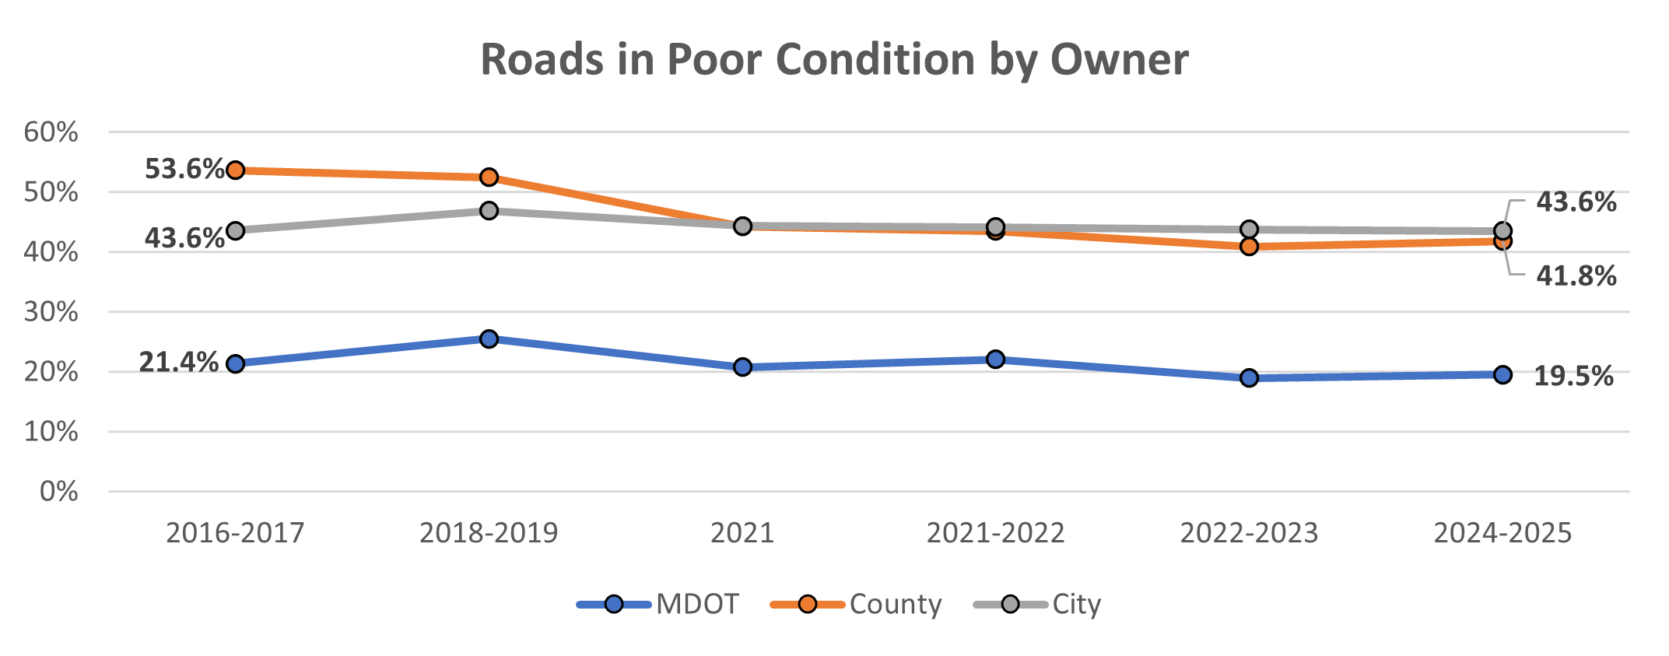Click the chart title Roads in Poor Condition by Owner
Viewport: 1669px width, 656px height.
pyautogui.click(x=834, y=59)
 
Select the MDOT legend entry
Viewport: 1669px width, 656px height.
pyautogui.click(x=697, y=604)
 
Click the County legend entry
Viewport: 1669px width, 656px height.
pyautogui.click(x=896, y=604)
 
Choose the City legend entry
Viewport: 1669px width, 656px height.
pyautogui.click(x=1077, y=604)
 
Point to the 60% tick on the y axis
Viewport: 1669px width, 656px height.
pyautogui.click(x=51, y=132)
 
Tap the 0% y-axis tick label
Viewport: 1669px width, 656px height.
pyautogui.click(x=58, y=491)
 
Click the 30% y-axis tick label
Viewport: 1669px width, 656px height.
pyautogui.click(x=51, y=311)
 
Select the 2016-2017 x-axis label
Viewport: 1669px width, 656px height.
pyautogui.click(x=235, y=533)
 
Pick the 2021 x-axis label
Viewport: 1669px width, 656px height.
pyautogui.click(x=742, y=533)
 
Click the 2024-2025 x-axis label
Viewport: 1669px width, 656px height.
pyautogui.click(x=1502, y=533)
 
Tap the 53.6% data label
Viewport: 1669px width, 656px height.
pyautogui.click(x=184, y=168)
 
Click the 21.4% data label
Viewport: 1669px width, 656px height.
pyautogui.click(x=178, y=362)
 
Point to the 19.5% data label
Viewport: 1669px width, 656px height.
pyautogui.click(x=1573, y=376)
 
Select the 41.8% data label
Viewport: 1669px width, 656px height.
pyautogui.click(x=1576, y=275)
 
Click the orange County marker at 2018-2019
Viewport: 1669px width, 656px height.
pyautogui.click(x=489, y=177)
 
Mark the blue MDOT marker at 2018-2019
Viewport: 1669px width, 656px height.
pyautogui.click(x=489, y=339)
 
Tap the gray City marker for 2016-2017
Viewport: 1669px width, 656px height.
pyautogui.click(x=235, y=230)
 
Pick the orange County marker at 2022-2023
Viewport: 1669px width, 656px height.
pyautogui.click(x=1249, y=247)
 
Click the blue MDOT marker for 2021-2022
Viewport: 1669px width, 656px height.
pyautogui.click(x=995, y=359)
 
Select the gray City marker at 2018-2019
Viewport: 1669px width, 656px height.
pyautogui.click(x=489, y=211)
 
